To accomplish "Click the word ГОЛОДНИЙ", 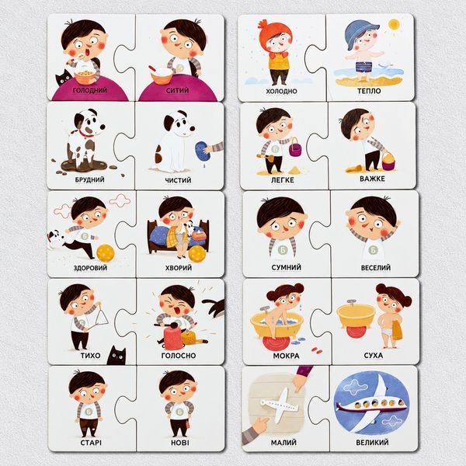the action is [x=90, y=90].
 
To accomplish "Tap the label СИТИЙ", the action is [x=177, y=90].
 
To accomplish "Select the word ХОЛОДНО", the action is [x=281, y=91].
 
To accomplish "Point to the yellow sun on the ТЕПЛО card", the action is [x=394, y=24].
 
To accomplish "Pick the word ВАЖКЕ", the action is [x=372, y=179].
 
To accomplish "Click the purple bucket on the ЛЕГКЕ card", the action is [x=295, y=148].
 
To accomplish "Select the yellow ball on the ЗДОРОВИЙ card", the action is [x=105, y=253].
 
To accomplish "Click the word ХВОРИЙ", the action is [x=179, y=268].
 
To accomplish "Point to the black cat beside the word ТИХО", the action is [x=116, y=355].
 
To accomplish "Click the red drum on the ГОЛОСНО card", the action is [x=172, y=337].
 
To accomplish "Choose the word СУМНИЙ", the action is [x=286, y=267].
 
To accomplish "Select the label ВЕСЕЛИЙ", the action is [x=376, y=268].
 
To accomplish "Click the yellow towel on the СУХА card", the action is [x=397, y=330].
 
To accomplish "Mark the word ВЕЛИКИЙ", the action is [x=372, y=443].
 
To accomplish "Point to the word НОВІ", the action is [x=180, y=443].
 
